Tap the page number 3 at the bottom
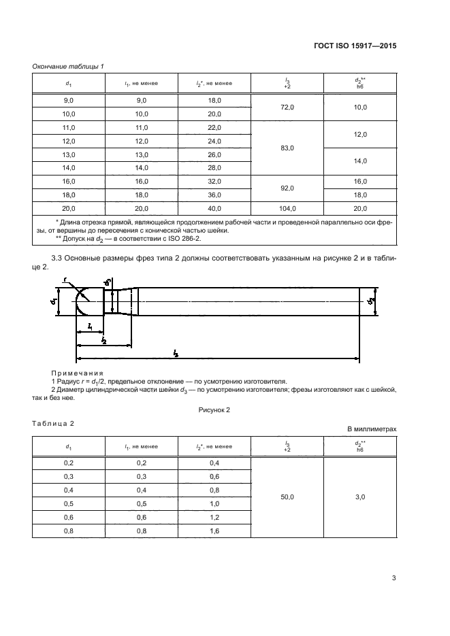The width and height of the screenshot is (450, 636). tap(393, 578)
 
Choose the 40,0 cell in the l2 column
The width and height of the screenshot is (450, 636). tap(214, 208)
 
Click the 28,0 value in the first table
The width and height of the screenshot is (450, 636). tap(214, 167)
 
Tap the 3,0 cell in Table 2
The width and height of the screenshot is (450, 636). tap(361, 497)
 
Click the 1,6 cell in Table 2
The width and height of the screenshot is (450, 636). tap(214, 532)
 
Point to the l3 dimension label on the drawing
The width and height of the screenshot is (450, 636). tap(176, 353)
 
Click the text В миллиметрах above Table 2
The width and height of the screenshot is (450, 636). tap(371, 429)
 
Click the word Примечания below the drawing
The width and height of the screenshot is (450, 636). tap(77, 373)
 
